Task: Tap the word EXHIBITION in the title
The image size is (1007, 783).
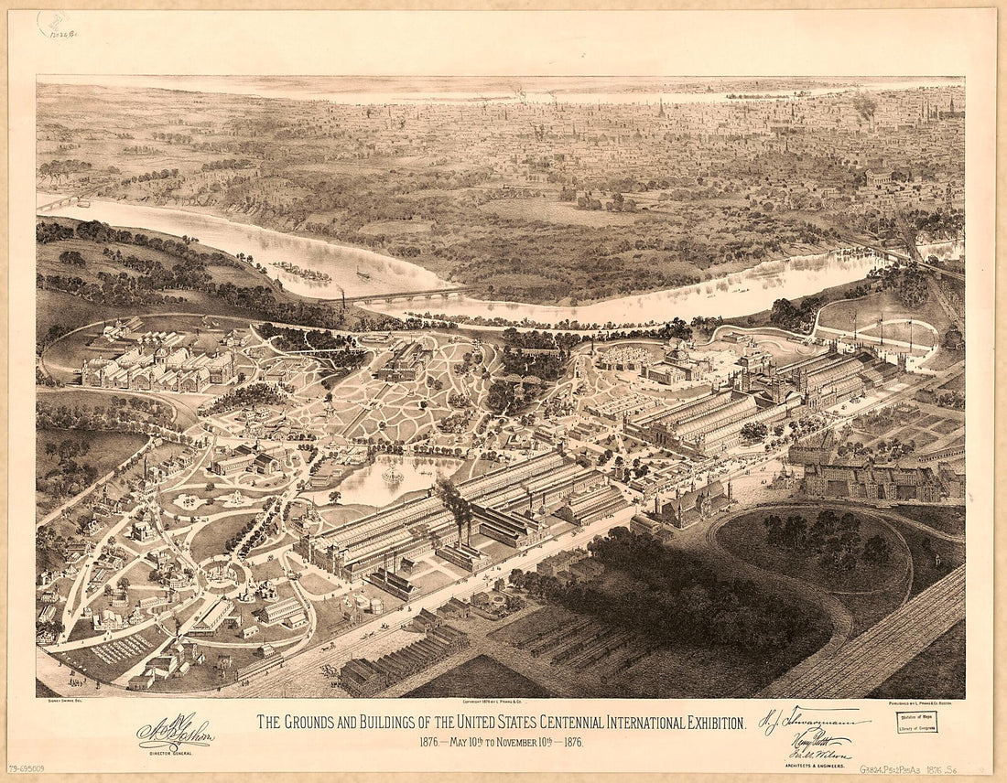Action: (700, 724)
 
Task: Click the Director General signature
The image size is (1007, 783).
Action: (174, 732)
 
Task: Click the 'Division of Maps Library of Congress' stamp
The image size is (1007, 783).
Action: (916, 723)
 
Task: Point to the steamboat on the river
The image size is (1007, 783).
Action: (363, 274)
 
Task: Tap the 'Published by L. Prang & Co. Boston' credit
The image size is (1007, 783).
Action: (925, 703)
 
